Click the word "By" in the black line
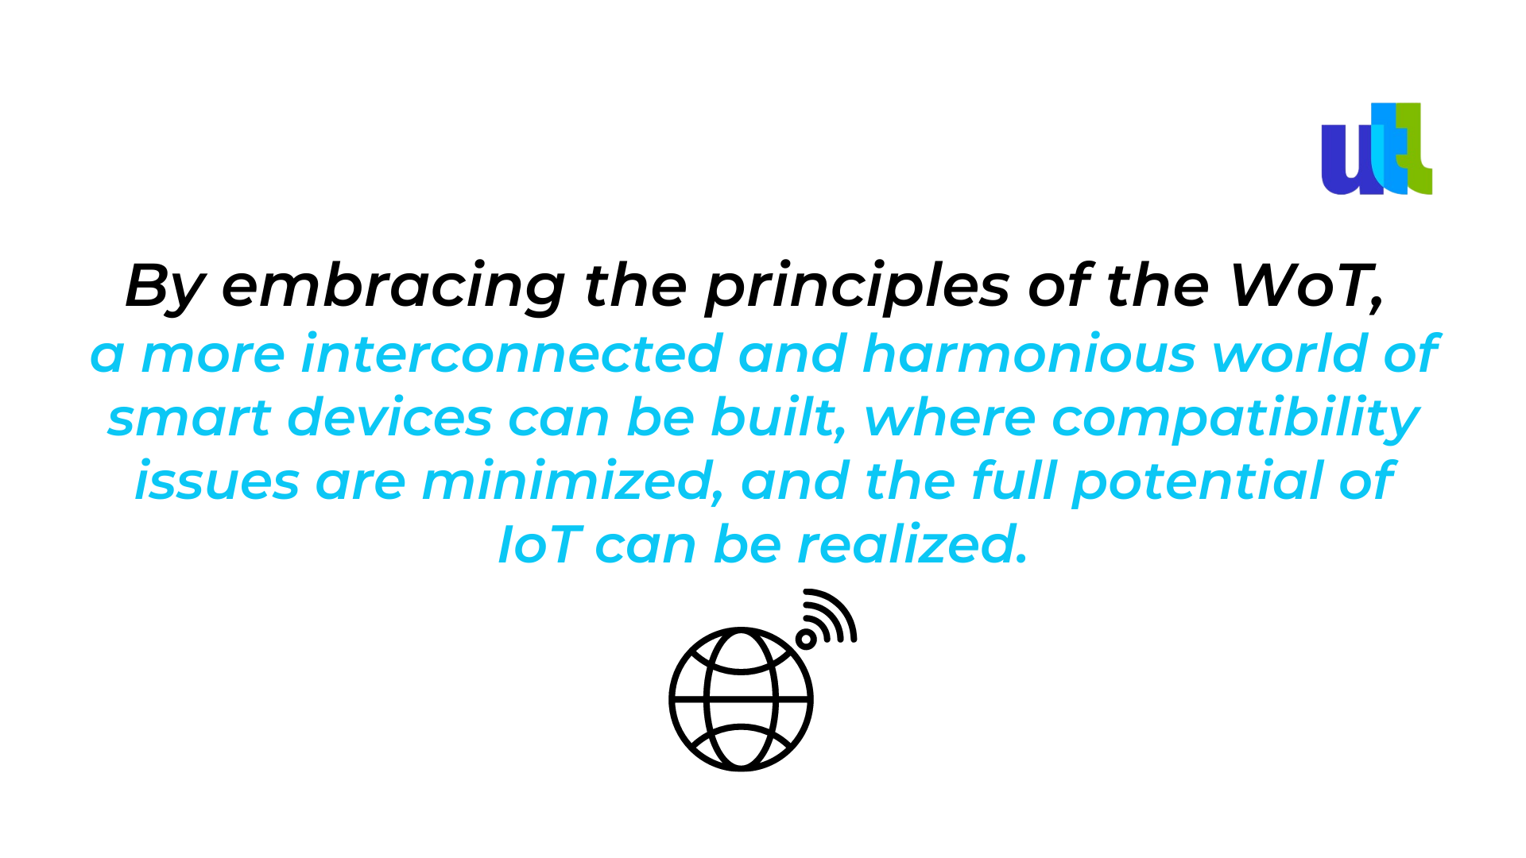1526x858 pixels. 165,287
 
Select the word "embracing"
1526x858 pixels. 393,287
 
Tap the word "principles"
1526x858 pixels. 858,287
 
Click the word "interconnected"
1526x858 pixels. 512,354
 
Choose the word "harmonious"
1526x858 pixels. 1029,354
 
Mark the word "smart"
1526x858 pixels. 189,418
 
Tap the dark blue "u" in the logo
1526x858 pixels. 1350,159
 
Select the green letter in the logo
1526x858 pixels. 1415,149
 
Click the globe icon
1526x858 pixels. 741,699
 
